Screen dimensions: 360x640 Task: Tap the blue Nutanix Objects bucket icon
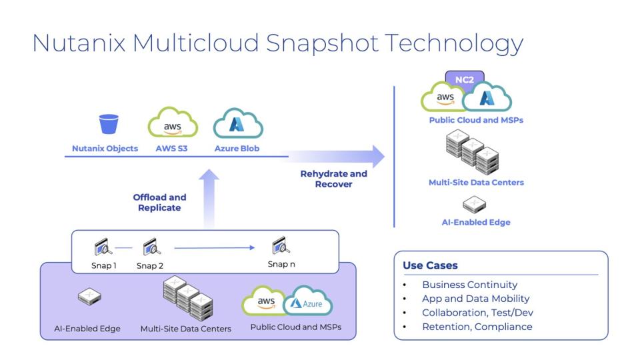[108, 124]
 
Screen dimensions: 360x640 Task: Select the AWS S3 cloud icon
[172, 123]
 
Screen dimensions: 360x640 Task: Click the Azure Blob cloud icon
[237, 124]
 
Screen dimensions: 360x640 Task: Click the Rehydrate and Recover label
[333, 179]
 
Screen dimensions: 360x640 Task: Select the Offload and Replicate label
[159, 202]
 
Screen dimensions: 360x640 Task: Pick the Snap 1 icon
[103, 247]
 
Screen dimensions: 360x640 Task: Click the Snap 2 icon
[151, 247]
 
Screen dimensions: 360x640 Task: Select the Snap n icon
[281, 247]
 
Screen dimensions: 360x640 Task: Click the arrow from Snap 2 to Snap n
[214, 248]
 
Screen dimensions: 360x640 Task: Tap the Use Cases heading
[430, 265]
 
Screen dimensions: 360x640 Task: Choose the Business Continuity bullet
[469, 285]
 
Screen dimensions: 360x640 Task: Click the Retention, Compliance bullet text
[477, 327]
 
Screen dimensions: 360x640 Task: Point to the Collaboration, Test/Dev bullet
[477, 313]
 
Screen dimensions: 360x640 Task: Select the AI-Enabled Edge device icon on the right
[475, 204]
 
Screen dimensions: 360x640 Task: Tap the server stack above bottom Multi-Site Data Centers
[187, 298]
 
